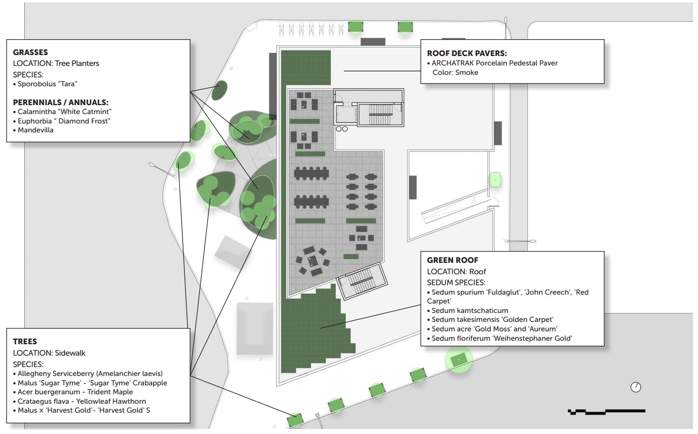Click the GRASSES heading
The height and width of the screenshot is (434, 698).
(30, 52)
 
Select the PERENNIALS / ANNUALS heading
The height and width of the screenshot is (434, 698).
(61, 102)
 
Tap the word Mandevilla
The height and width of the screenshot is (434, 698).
(35, 130)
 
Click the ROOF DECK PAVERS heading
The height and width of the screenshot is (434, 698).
(466, 53)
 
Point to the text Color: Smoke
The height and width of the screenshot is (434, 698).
(455, 72)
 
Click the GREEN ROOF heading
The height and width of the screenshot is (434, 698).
(452, 260)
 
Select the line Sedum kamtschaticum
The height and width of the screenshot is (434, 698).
(469, 310)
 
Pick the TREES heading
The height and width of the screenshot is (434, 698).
(25, 341)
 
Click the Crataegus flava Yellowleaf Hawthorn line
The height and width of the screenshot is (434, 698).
(82, 401)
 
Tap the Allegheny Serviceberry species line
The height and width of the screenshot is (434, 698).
(90, 373)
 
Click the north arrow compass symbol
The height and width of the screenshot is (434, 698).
(635, 387)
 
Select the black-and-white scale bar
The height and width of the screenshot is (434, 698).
(606, 411)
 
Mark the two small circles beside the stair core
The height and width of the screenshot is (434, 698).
(342, 129)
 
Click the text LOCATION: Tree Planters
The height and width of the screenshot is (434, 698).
(56, 63)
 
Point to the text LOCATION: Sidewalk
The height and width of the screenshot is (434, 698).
(49, 353)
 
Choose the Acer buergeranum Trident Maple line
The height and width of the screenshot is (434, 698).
(75, 392)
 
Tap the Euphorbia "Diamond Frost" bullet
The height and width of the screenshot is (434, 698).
(64, 121)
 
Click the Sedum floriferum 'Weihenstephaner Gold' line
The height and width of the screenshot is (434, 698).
(502, 338)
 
